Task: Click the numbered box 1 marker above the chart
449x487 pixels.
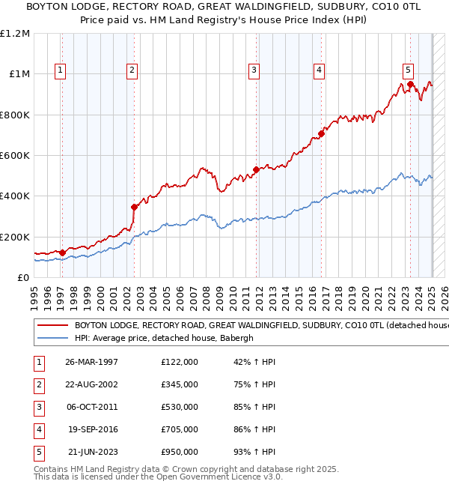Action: click(60, 70)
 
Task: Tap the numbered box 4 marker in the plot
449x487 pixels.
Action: click(319, 70)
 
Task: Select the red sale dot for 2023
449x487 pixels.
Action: click(410, 84)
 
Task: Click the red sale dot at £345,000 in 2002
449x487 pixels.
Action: click(134, 207)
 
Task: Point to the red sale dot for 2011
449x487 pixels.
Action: click(256, 169)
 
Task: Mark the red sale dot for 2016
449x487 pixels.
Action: click(321, 134)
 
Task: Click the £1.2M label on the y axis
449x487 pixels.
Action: click(15, 34)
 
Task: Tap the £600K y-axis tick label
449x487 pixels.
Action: click(14, 156)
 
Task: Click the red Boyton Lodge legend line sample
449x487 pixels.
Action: click(53, 326)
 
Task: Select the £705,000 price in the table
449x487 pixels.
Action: click(180, 429)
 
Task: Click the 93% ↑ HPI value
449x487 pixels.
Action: click(254, 452)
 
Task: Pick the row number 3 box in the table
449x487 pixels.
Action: click(37, 407)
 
